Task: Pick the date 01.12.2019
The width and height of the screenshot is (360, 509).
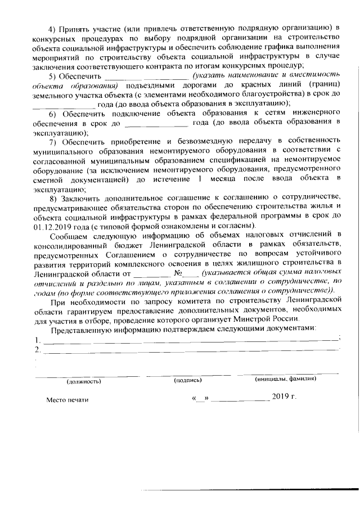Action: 49,225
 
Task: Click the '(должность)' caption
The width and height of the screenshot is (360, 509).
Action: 84,381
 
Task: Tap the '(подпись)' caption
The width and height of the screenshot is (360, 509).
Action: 188,381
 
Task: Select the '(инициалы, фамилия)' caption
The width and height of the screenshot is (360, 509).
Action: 285,380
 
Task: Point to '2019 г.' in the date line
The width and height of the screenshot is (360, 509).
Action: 283,398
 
